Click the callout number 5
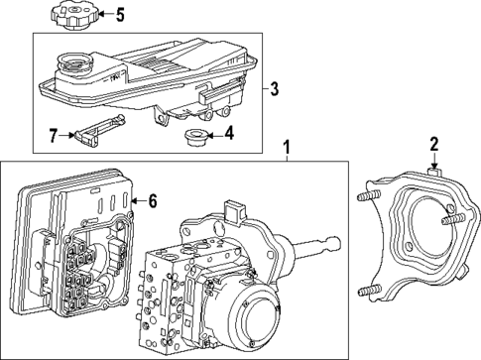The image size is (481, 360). [121, 15]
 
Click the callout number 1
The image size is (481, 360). [287, 149]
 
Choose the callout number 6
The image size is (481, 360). [153, 199]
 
